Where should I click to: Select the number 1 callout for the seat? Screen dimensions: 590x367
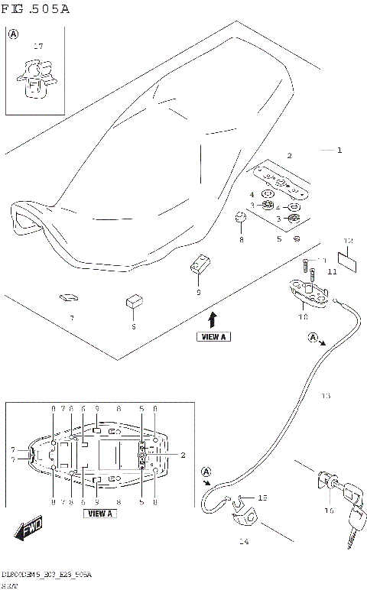click(339, 151)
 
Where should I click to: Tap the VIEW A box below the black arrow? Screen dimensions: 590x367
click(213, 336)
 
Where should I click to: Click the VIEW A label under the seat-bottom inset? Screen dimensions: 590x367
click(100, 514)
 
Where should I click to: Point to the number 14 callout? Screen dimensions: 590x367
click(244, 542)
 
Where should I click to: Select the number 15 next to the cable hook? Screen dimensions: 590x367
click(262, 498)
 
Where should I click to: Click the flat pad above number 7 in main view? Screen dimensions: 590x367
click(67, 297)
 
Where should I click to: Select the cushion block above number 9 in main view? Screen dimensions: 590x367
click(200, 265)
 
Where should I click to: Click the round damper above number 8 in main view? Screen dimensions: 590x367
click(241, 220)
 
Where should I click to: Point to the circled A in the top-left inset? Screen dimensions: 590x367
click(13, 34)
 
